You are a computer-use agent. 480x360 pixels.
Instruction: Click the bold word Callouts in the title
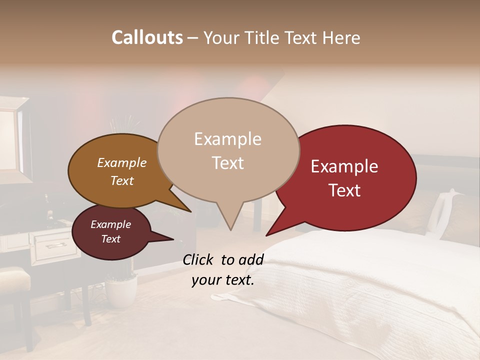(x=147, y=37)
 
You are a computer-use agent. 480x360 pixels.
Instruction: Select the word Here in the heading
(x=341, y=37)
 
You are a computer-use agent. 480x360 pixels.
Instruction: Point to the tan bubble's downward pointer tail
(x=230, y=220)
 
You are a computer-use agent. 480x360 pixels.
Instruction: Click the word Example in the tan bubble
(x=227, y=139)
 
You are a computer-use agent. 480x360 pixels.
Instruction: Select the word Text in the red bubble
(x=345, y=190)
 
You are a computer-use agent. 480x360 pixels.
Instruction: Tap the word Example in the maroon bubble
(x=110, y=224)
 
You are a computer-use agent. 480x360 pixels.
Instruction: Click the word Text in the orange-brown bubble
(x=122, y=180)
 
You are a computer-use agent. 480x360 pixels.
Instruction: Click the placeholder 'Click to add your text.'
(x=223, y=269)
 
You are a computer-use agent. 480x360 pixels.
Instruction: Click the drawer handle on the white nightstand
(x=55, y=245)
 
